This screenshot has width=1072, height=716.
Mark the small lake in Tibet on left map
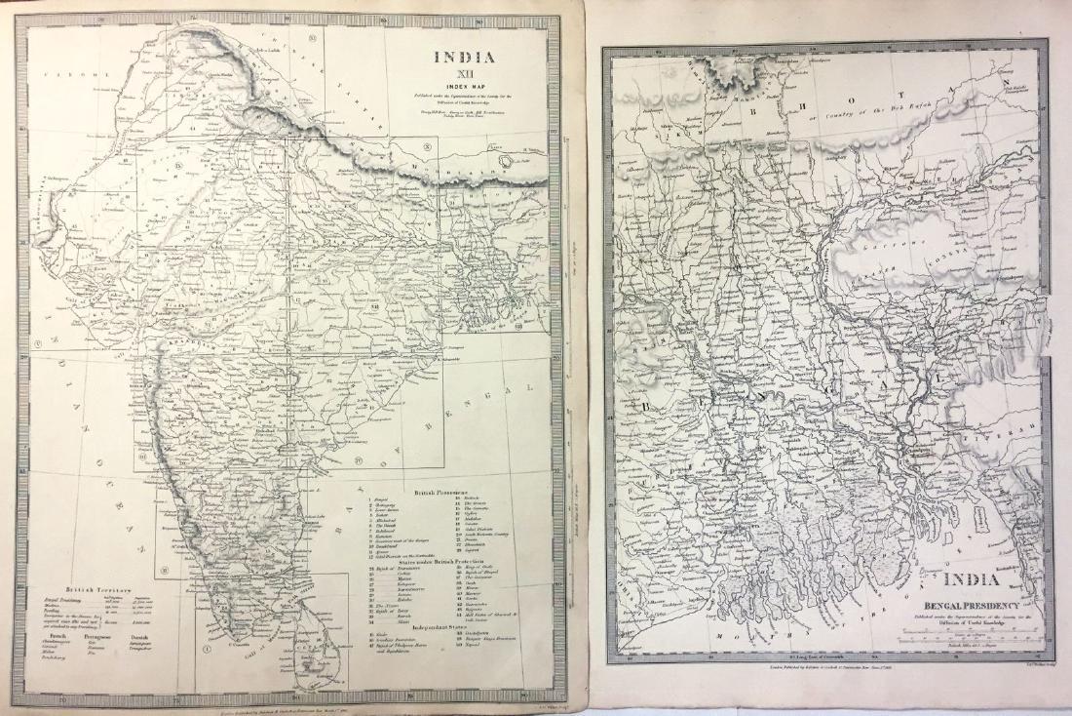(506, 160)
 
